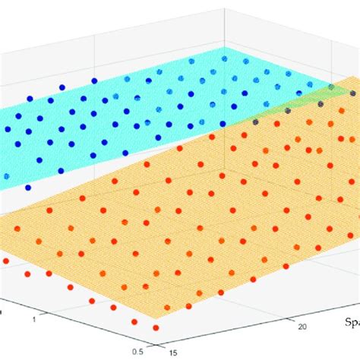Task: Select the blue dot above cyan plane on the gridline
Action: [94, 80]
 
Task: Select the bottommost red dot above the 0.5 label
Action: [156, 327]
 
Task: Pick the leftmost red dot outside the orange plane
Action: [6, 261]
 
